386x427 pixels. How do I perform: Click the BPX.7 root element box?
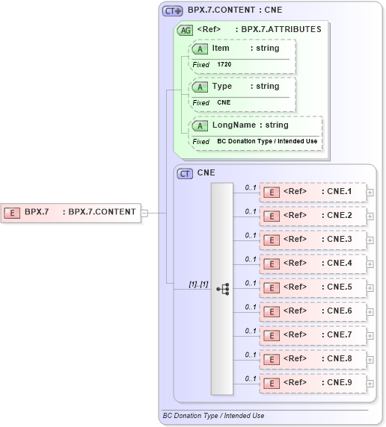pos(70,212)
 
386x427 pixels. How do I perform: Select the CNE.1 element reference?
pos(312,192)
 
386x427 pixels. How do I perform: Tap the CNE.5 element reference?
pos(312,287)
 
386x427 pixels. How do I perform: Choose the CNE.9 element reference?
pos(312,382)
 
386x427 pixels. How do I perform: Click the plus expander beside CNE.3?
pos(370,240)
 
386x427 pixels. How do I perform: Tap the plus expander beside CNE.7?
pos(370,335)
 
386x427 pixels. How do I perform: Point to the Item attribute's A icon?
pos(200,49)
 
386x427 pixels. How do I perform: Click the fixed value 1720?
pos(224,65)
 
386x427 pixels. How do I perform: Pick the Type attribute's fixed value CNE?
pos(224,102)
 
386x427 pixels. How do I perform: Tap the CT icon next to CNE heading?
pos(185,173)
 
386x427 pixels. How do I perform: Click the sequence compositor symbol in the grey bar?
pos(222,287)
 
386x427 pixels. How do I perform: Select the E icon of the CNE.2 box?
pos(272,216)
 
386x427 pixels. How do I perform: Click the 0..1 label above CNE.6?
pos(251,306)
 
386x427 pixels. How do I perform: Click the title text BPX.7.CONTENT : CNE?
pos(235,11)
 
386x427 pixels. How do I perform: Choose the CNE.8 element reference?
pos(312,358)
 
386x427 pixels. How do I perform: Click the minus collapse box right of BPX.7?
pos(144,213)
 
